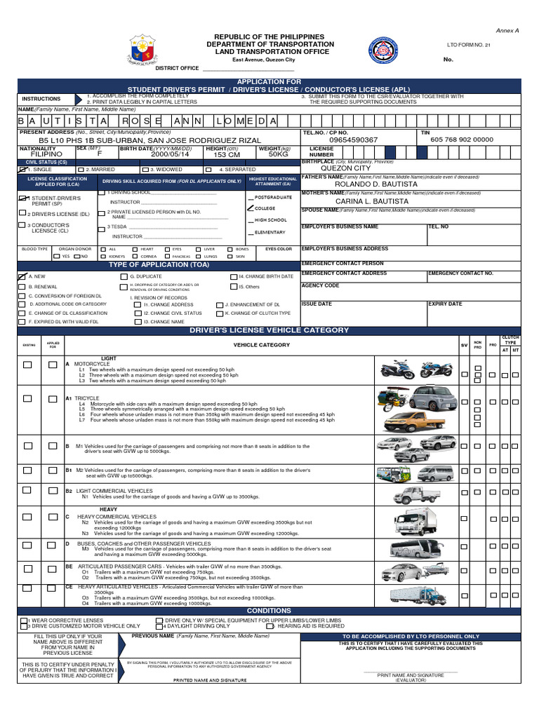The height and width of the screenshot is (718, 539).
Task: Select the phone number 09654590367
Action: pos(353,140)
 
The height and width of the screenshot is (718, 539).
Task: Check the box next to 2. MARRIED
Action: pos(81,170)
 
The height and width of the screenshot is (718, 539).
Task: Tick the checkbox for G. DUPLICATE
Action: pos(124,277)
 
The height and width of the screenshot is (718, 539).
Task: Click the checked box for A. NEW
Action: pos(22,276)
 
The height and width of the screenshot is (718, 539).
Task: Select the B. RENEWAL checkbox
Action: pos(22,287)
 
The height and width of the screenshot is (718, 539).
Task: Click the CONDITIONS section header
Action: pos(269,611)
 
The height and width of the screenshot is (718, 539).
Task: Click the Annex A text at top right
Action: pos(507,31)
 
